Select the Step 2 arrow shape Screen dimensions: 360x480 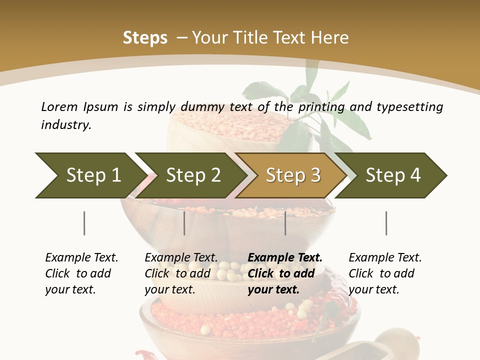tap(192, 175)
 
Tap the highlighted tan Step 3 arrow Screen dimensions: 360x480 tap(292, 175)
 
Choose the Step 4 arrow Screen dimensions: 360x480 tap(392, 175)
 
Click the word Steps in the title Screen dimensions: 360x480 tap(145, 38)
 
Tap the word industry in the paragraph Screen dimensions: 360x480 tap(66, 124)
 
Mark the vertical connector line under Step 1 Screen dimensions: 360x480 tap(84, 223)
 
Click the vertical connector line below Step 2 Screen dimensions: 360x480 tap(184, 223)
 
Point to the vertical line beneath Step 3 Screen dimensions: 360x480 tap(285, 223)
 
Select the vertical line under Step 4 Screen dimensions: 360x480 tap(386, 223)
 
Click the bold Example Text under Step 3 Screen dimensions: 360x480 tap(285, 257)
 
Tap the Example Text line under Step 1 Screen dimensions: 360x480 tap(81, 257)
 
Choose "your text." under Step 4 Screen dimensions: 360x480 tap(374, 289)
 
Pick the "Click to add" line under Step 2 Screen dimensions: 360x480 tap(177, 273)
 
